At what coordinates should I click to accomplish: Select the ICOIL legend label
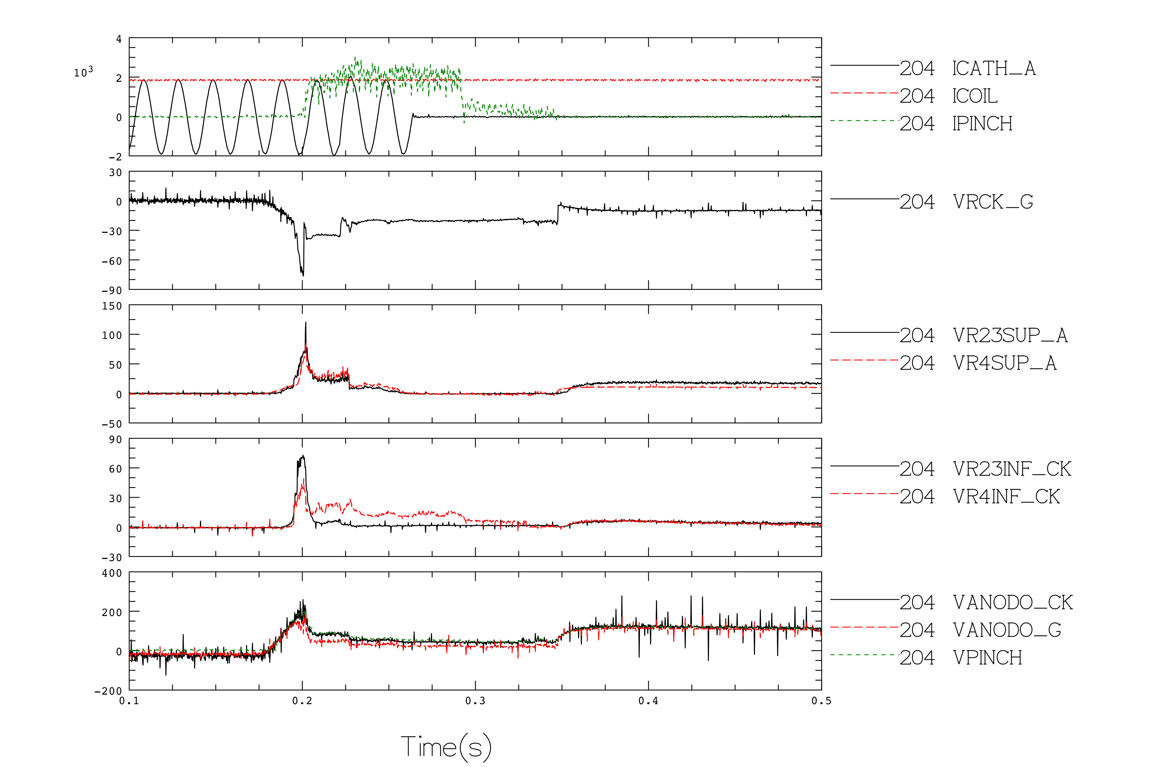coord(975,96)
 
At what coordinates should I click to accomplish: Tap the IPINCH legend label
coord(982,124)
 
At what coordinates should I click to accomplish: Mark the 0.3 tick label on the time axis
coord(475,701)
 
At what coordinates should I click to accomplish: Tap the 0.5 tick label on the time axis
coord(821,701)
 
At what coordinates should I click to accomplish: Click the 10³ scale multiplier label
coord(83,72)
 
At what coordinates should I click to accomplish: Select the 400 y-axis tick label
coord(112,573)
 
